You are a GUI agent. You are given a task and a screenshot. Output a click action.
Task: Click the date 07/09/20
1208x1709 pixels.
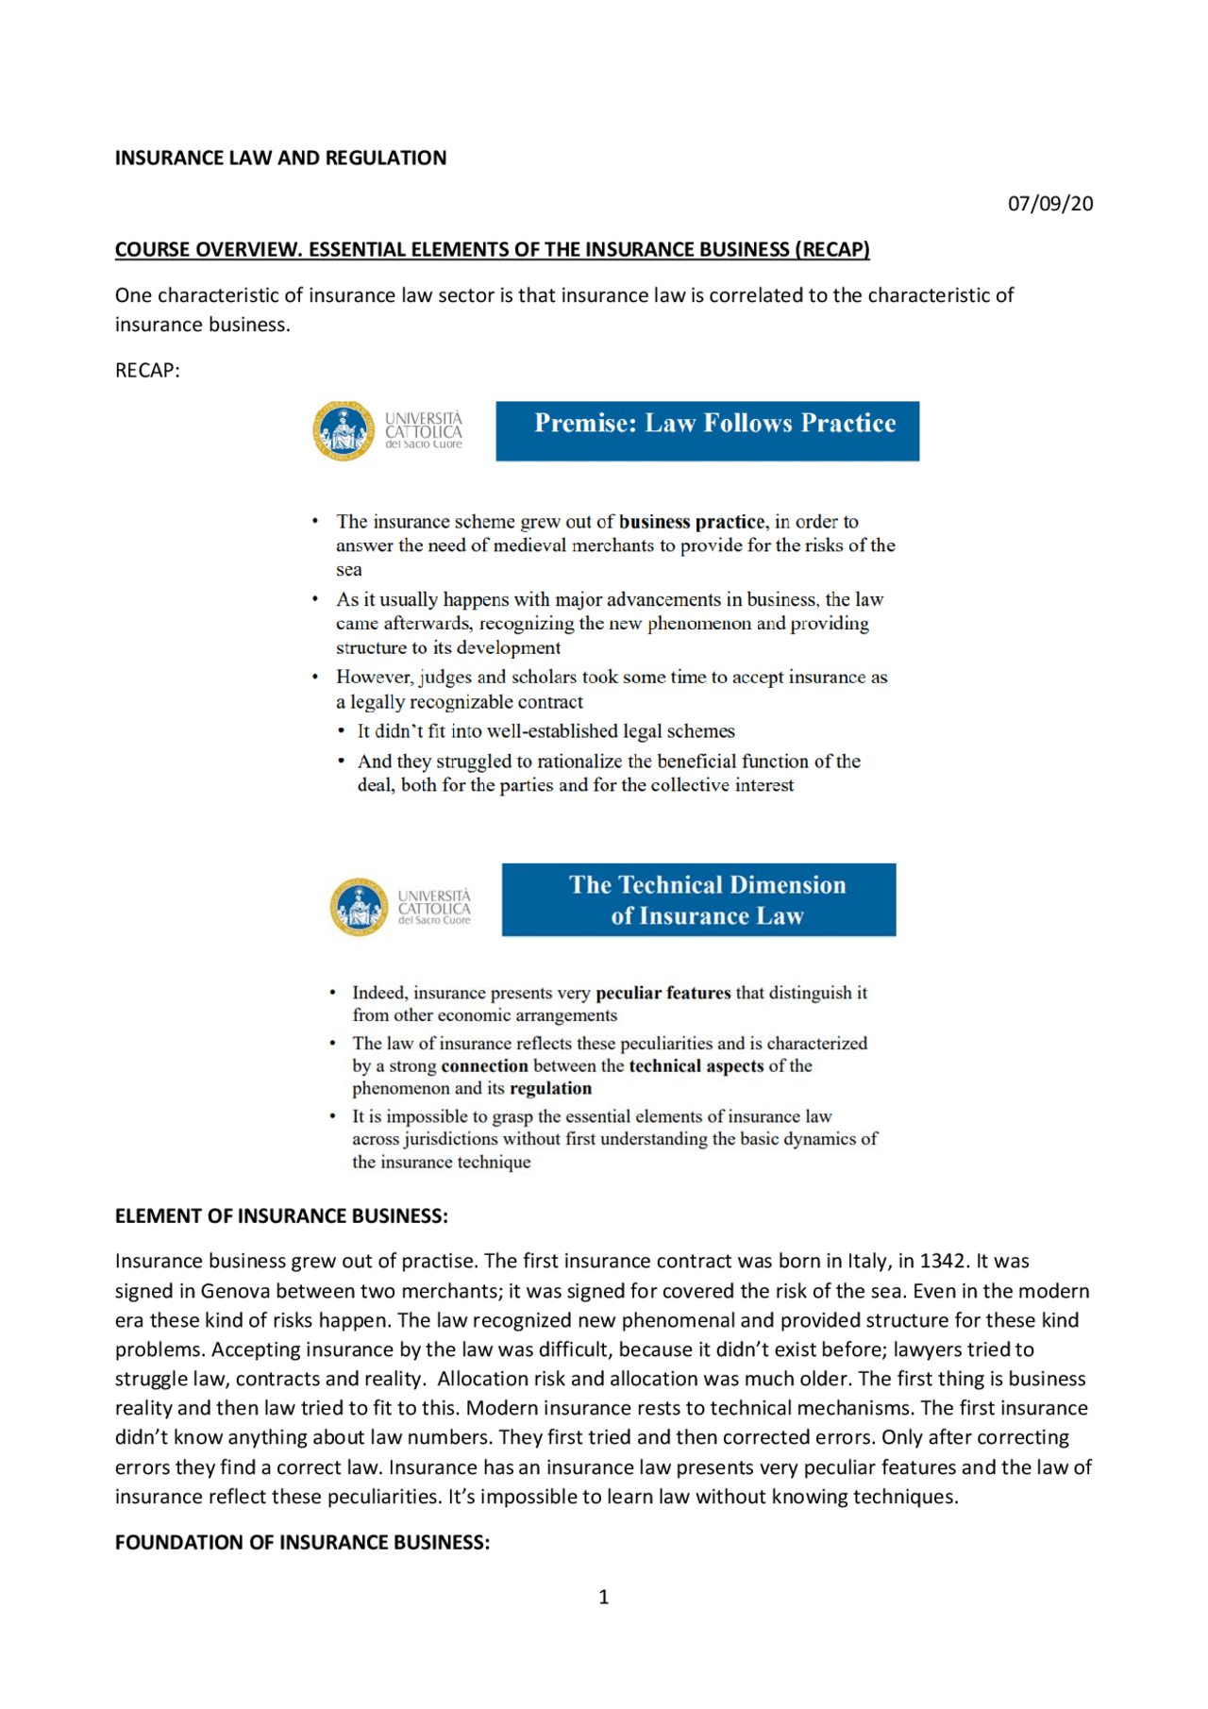tap(1049, 203)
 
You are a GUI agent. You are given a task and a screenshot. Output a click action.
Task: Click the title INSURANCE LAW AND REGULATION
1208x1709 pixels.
tap(280, 158)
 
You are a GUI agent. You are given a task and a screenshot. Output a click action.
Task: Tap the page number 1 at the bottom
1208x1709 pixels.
tap(603, 1597)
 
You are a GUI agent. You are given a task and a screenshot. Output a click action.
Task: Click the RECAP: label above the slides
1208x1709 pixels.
tap(147, 370)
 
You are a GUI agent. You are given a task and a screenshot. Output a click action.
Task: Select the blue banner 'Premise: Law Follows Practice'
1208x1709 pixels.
tap(707, 430)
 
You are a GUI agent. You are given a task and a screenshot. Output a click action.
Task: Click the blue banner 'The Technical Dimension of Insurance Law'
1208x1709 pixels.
tap(698, 899)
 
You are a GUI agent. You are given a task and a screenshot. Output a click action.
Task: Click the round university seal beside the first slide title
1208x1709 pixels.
tap(344, 430)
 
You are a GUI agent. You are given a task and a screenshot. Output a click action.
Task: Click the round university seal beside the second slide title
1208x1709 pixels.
tap(359, 907)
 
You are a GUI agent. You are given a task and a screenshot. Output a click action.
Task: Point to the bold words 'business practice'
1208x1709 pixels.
tap(691, 521)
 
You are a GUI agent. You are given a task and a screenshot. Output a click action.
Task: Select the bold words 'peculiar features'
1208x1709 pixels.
tap(663, 992)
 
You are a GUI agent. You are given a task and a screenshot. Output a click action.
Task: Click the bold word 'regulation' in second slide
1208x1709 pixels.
tap(550, 1088)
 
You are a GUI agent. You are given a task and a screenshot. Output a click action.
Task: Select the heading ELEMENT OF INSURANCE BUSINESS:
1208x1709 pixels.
tap(281, 1215)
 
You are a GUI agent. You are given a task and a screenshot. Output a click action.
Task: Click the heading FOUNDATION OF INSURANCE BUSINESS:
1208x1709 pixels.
tap(302, 1542)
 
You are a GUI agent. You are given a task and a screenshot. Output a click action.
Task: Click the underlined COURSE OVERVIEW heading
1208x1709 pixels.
tap(492, 249)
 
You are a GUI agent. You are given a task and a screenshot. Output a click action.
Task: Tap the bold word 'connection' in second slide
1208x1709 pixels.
tap(484, 1065)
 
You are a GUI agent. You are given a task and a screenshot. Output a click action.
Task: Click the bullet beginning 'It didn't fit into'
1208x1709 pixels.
tap(545, 730)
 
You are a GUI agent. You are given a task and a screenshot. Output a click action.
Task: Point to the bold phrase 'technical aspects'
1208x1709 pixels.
tap(696, 1065)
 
